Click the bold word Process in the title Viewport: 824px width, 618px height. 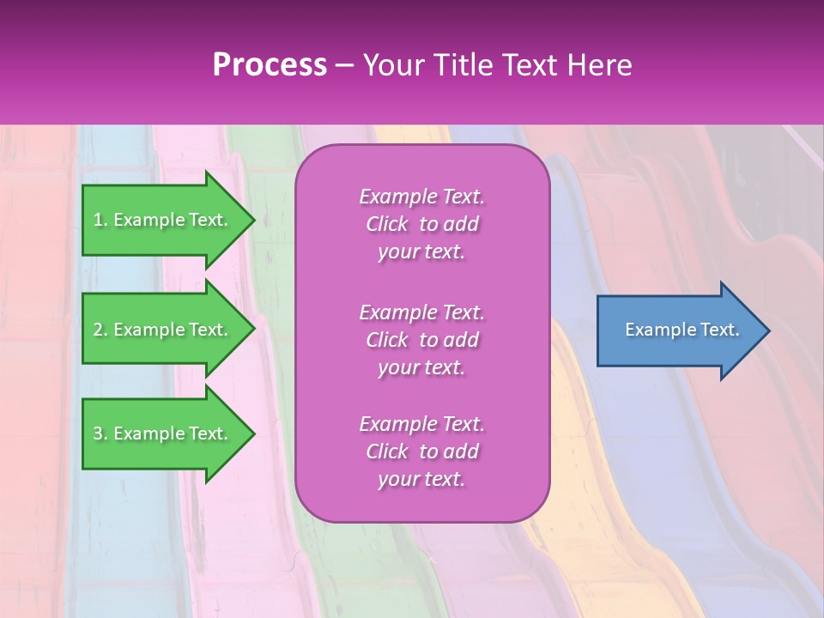click(270, 65)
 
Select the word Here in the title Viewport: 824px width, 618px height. click(600, 65)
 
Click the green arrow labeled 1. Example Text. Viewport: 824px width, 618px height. click(163, 220)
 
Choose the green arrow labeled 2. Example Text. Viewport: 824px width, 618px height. click(163, 330)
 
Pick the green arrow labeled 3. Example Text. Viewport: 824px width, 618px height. click(163, 433)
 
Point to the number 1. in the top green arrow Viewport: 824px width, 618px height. click(100, 220)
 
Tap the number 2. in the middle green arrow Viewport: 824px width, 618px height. click(100, 330)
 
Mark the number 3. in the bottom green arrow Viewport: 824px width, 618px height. click(100, 433)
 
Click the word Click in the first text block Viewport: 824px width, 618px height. click(387, 224)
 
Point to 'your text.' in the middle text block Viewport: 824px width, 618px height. click(421, 367)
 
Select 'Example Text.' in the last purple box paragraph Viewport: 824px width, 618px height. click(421, 424)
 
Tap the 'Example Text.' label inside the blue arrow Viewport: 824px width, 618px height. click(682, 330)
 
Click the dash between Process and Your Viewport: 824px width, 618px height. click(345, 65)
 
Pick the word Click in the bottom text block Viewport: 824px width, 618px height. click(387, 451)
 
